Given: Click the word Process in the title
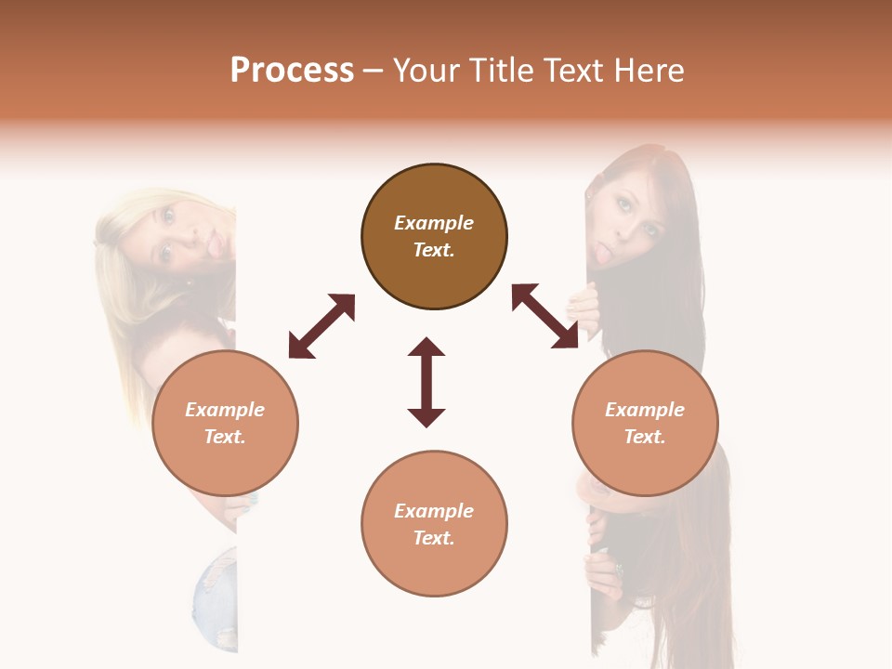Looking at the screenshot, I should coord(292,71).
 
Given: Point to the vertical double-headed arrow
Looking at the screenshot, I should coord(426,382).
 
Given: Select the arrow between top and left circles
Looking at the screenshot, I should coord(321,326).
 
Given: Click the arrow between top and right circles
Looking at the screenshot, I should coord(544,316).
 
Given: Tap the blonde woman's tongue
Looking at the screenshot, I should coord(213,244).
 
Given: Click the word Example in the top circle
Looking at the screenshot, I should coord(434,223).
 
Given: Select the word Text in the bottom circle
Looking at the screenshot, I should coord(434,538).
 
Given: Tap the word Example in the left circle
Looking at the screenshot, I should coord(225,410).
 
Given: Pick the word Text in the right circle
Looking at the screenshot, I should coord(645,437).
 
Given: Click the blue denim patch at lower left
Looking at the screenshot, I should coord(216,595).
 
